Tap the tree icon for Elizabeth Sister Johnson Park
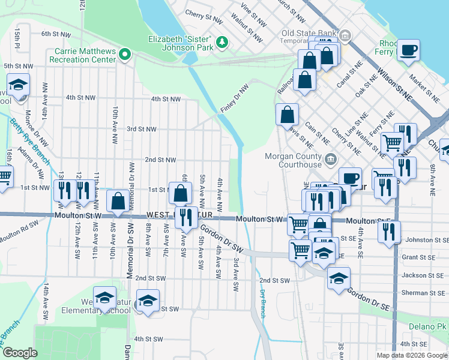(x=222, y=41)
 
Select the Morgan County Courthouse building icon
(x=331, y=160)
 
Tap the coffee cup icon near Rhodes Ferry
(x=409, y=50)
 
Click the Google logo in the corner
(x=20, y=353)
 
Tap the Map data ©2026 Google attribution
(x=411, y=355)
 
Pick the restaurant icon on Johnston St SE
(x=391, y=231)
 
